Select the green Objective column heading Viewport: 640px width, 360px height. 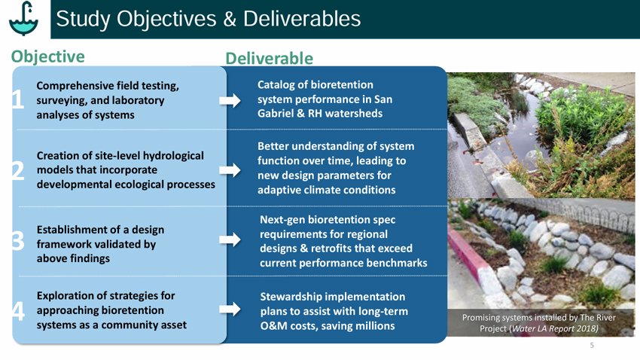(47, 56)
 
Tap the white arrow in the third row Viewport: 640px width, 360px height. (230, 240)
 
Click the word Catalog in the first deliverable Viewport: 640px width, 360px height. (279, 86)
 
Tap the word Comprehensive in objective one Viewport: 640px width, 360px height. (79, 86)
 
